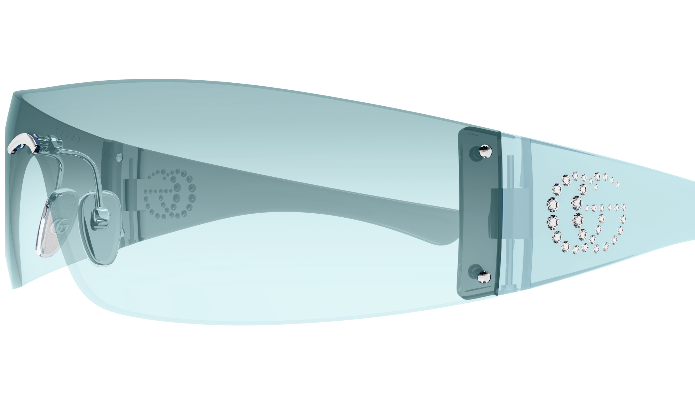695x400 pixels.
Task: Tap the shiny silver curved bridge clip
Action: point(23,143)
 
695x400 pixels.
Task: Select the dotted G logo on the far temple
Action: point(170,194)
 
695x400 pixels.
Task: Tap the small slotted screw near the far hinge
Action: point(119,157)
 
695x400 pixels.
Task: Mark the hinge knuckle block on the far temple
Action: point(131,195)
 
